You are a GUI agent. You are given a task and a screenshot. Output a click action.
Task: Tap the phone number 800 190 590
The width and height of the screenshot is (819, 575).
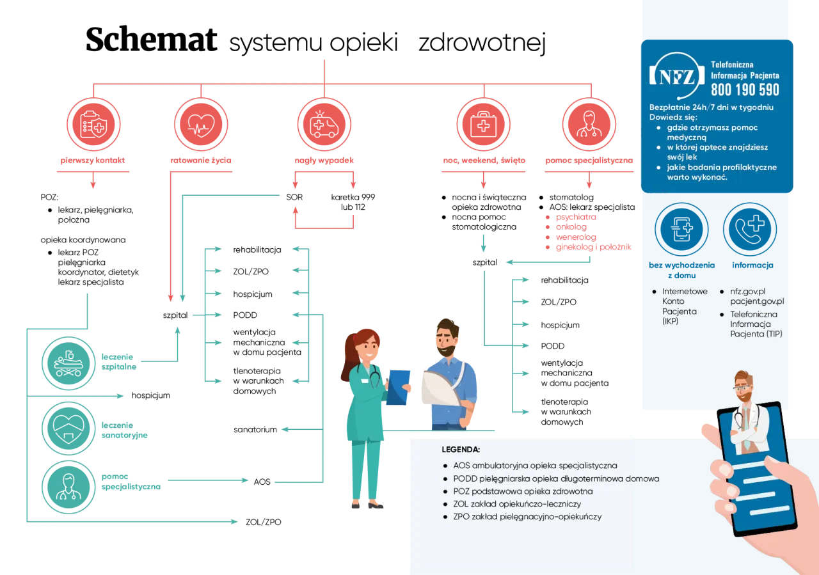(x=745, y=90)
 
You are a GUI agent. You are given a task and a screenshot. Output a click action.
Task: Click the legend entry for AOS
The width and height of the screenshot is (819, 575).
(x=535, y=466)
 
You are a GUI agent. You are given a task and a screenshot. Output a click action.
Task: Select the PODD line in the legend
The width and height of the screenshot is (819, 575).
(x=555, y=478)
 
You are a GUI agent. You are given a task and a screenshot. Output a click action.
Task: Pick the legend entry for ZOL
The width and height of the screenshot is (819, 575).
(x=516, y=504)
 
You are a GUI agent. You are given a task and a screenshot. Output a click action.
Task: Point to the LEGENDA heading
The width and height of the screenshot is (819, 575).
(x=461, y=450)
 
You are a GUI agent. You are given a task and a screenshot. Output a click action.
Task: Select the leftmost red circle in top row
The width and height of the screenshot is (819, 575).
(x=93, y=124)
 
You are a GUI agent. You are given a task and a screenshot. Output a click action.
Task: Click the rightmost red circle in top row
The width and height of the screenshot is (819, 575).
(x=589, y=124)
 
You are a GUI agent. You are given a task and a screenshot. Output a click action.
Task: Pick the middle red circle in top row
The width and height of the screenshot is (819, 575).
(x=324, y=124)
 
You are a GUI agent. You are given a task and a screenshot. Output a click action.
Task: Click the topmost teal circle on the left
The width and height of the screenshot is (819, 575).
(x=68, y=363)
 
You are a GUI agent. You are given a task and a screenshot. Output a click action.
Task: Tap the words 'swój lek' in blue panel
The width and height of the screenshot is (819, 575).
(x=681, y=157)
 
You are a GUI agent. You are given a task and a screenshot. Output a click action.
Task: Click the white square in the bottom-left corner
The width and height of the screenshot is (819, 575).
(x=33, y=552)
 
